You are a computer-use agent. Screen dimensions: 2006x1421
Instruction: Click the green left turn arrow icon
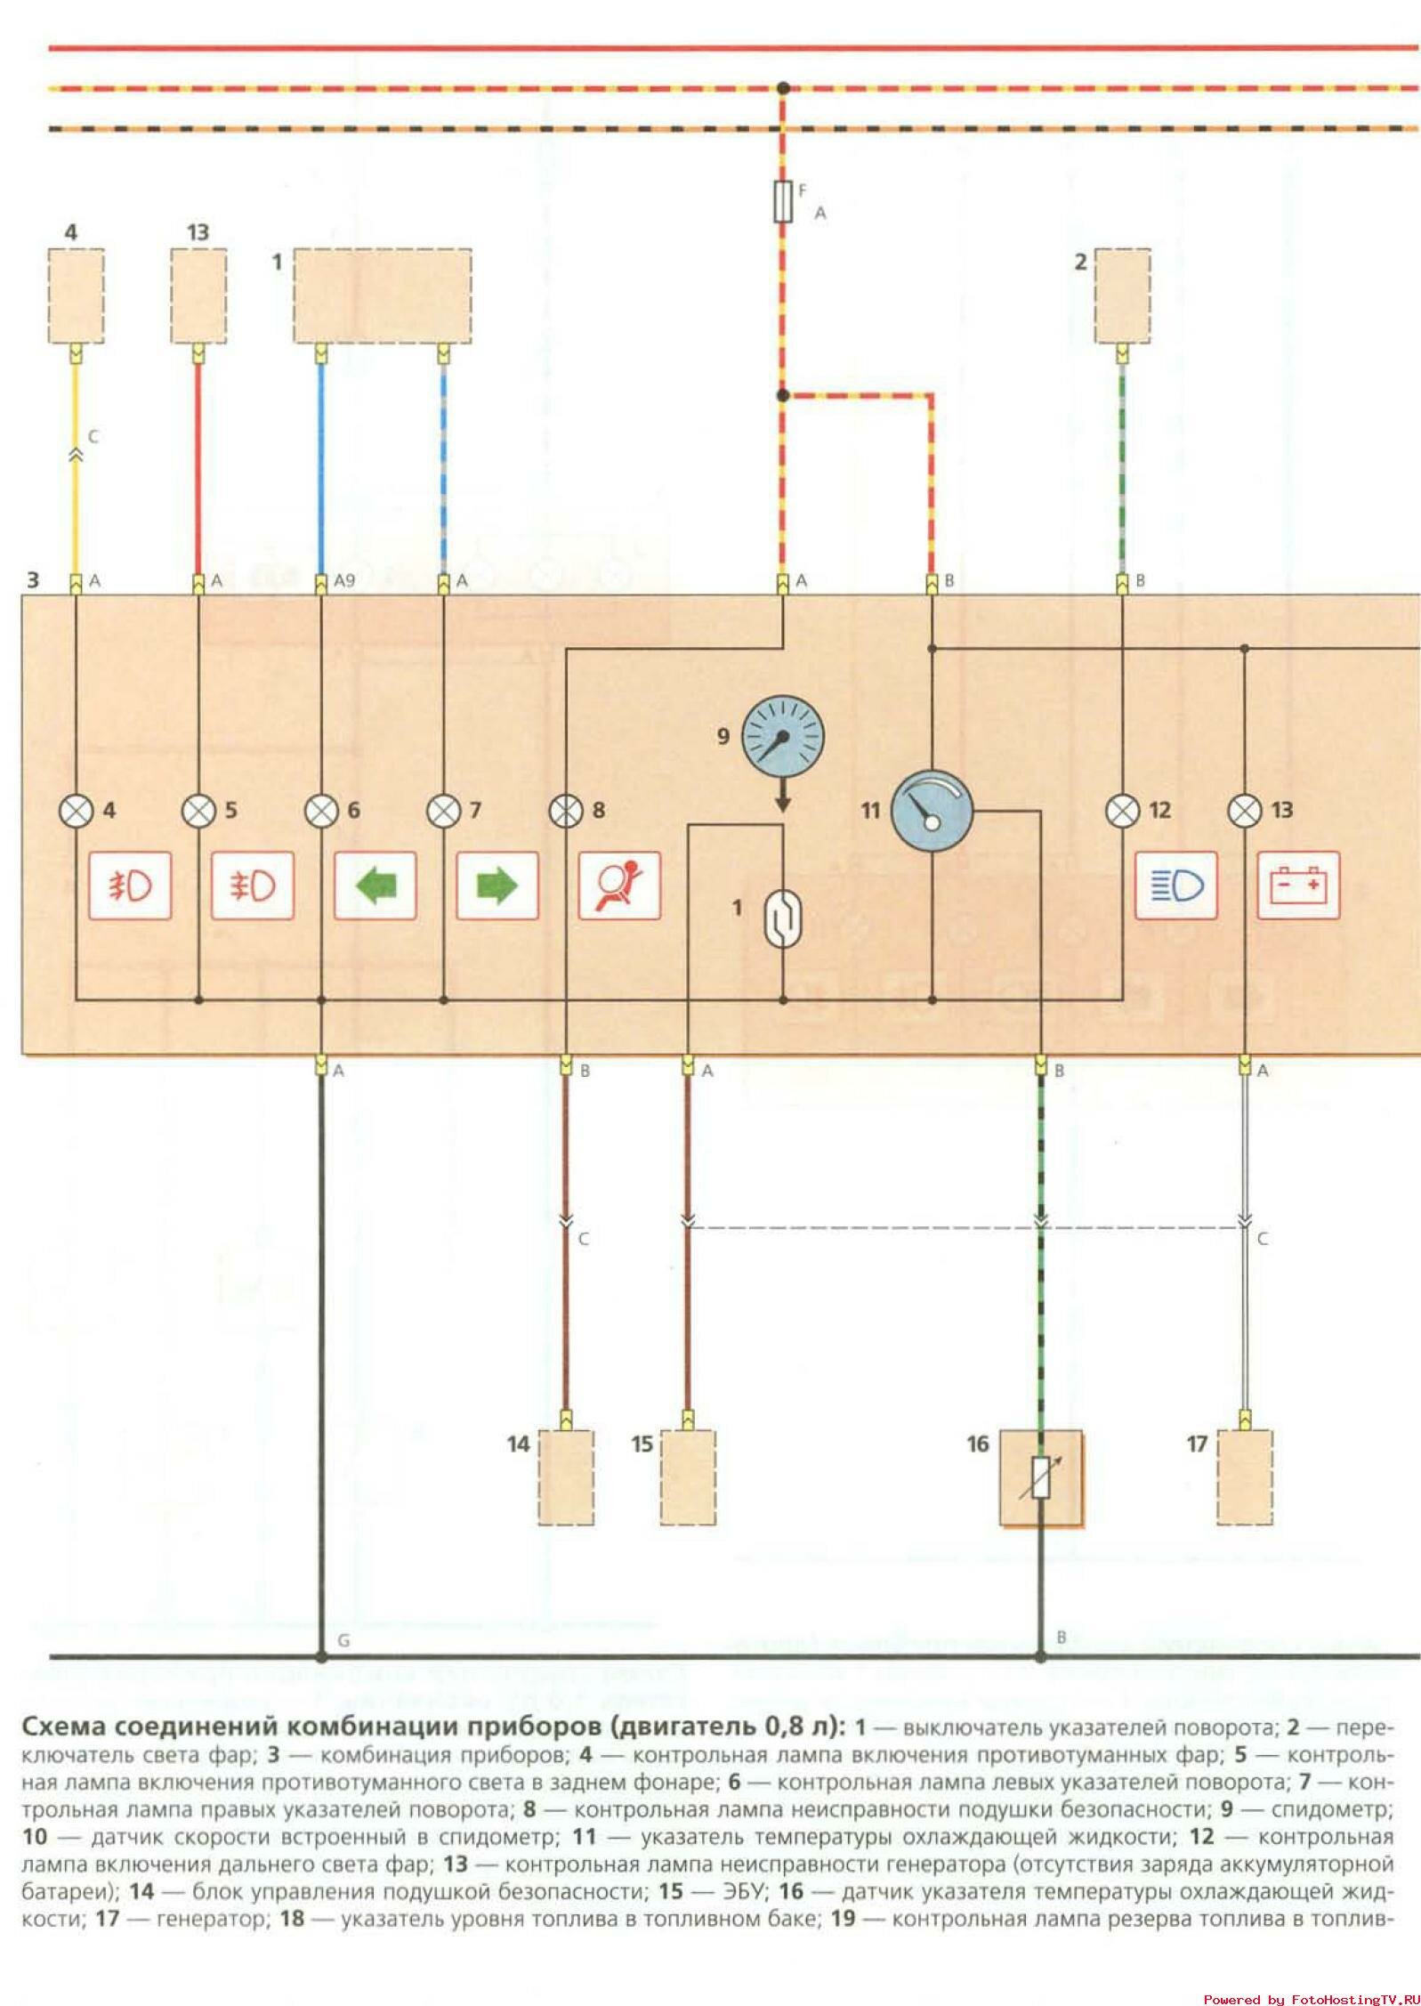(375, 886)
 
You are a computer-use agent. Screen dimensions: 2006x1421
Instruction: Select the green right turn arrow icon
(497, 886)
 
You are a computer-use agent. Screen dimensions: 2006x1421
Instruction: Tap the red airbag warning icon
(619, 886)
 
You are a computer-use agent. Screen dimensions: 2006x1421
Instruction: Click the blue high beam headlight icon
(1175, 886)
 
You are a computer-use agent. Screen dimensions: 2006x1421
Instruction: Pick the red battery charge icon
(1298, 886)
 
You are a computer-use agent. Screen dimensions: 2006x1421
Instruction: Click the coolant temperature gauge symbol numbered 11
(932, 811)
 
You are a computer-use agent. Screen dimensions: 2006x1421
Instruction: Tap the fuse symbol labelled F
(783, 201)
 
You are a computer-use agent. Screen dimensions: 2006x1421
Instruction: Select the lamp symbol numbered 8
(566, 811)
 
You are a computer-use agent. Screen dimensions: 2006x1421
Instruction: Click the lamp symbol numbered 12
(1122, 811)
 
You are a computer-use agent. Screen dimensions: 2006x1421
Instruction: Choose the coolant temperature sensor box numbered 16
(1040, 1478)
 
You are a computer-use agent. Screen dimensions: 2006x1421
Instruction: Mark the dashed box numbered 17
(1244, 1478)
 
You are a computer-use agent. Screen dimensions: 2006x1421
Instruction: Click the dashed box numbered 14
(566, 1478)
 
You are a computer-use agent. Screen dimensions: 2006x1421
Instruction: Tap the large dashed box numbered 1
(383, 295)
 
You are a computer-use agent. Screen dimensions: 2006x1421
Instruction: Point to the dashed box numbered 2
(1122, 295)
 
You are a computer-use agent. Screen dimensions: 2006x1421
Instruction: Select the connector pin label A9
(344, 581)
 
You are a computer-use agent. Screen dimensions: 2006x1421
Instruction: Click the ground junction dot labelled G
(321, 1657)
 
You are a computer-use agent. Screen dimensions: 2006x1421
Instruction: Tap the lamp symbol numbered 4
(76, 811)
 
